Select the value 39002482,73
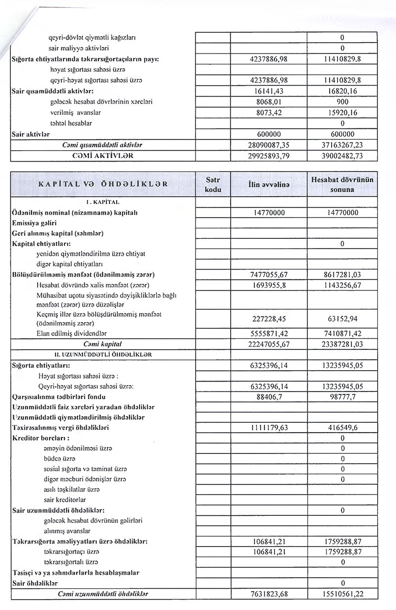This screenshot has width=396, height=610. (342, 156)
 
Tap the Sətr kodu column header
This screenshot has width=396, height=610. (213, 184)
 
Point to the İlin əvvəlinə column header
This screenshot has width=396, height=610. (269, 184)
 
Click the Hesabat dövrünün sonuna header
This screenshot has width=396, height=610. (342, 184)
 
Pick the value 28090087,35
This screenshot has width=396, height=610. (269, 145)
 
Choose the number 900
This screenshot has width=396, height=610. (342, 102)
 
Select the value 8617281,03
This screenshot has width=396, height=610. (342, 275)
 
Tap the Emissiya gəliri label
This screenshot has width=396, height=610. (34, 223)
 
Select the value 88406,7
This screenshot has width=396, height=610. (269, 396)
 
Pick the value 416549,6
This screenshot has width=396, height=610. (342, 427)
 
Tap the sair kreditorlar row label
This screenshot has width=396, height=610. (64, 499)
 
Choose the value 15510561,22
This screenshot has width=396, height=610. (342, 594)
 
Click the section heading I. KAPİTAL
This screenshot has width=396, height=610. (103, 202)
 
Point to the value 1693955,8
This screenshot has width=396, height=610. (269, 285)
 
